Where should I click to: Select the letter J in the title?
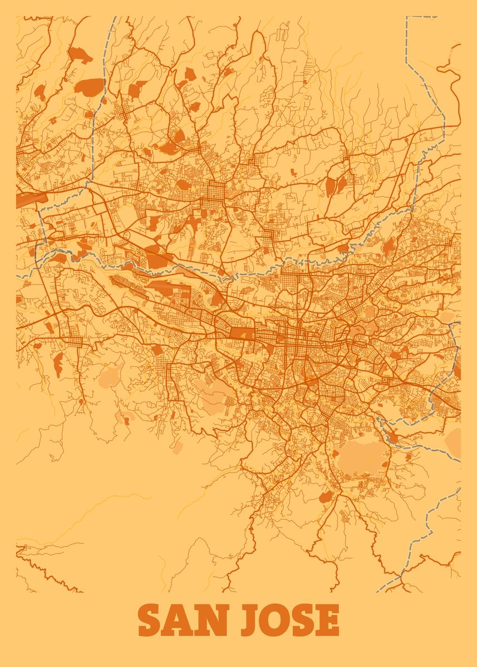pos(249,621)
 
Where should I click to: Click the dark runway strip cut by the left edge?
pos(24,200)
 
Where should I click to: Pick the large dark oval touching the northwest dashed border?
pos(89,86)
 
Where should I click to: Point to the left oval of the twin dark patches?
pos(331,186)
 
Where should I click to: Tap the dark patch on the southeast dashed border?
pos(394,439)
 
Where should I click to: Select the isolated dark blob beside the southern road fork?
pos(326,496)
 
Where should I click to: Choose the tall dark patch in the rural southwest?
pos(58,365)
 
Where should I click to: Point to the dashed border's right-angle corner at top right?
pos(407,18)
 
